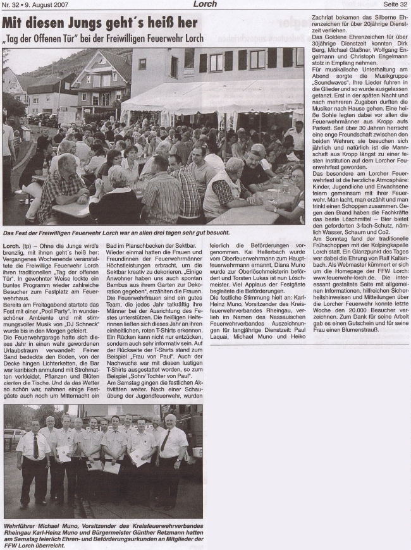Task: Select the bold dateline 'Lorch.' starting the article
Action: click(x=11, y=243)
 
